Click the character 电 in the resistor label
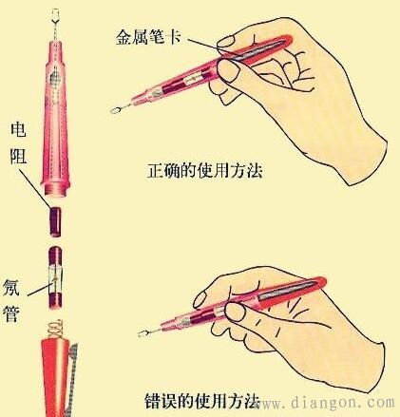(x=17, y=130)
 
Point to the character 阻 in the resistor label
(x=17, y=156)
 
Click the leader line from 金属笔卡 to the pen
(x=203, y=42)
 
